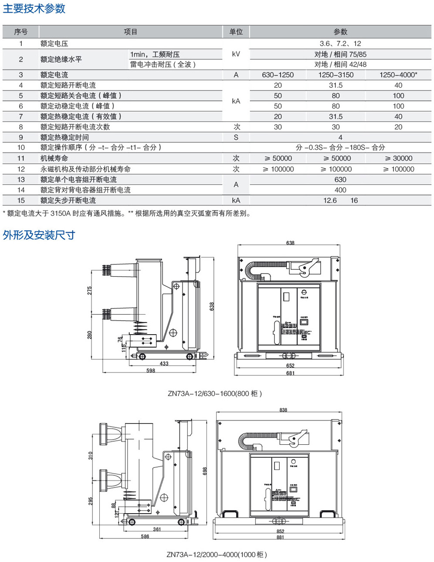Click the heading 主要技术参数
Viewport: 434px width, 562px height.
tap(34, 9)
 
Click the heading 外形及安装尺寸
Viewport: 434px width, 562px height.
tap(39, 235)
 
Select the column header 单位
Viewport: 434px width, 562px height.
tap(236, 32)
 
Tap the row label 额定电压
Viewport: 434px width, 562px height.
tap(54, 44)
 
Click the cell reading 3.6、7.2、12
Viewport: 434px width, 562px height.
tap(340, 44)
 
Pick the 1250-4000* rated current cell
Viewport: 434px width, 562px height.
tap(398, 75)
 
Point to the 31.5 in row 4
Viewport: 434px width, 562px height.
tap(336, 85)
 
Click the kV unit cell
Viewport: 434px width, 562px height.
tap(236, 54)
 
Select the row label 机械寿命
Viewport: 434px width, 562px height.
tap(54, 159)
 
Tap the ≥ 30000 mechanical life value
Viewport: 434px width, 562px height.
tap(398, 159)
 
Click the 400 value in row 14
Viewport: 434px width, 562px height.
tap(340, 190)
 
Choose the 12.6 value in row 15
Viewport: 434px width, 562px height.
tap(330, 200)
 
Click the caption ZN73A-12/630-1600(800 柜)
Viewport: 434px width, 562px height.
tap(215, 393)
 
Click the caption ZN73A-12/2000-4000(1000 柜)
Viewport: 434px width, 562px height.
tap(217, 555)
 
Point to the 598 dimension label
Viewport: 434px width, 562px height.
tap(150, 371)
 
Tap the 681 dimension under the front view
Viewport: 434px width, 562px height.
tap(290, 373)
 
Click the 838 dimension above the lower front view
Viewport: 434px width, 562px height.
tap(283, 410)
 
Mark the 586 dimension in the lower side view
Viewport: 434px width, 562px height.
tap(145, 536)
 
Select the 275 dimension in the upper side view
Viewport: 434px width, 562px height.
tap(90, 291)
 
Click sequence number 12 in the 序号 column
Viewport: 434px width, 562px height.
tap(21, 169)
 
